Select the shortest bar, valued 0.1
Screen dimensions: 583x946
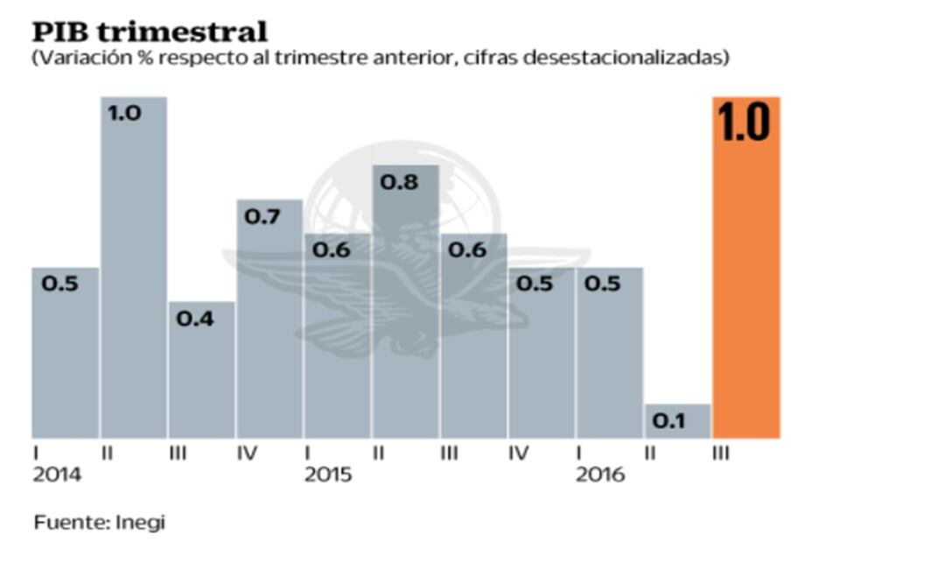click(x=677, y=421)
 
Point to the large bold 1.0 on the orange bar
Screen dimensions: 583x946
click(x=744, y=123)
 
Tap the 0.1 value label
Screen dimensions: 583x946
click(x=669, y=421)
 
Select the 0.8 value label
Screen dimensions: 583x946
click(x=398, y=182)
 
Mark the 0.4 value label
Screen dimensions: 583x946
click(x=194, y=318)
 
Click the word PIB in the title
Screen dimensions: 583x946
click(x=60, y=32)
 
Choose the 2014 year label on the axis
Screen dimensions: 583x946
click(x=57, y=475)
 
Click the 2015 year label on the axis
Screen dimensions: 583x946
click(x=328, y=475)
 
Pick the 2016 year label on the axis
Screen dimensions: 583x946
click(x=599, y=475)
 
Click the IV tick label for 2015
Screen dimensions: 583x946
click(x=519, y=454)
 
